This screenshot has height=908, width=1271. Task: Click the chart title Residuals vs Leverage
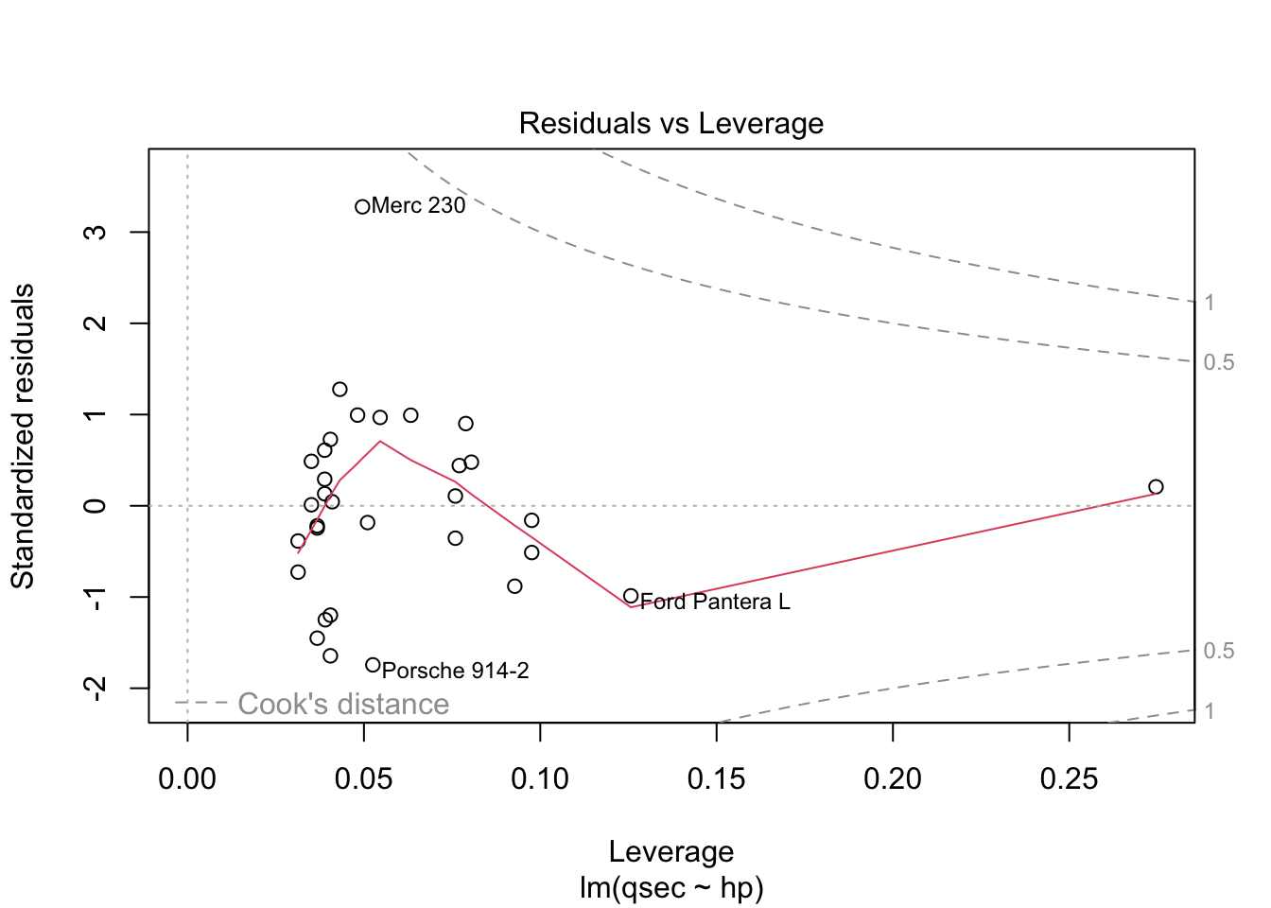(x=670, y=124)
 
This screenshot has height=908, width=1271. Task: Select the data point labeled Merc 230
(x=362, y=207)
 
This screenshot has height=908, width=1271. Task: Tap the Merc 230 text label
(x=419, y=206)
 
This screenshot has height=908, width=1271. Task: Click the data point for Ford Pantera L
(x=631, y=596)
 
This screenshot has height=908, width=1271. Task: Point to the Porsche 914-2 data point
(x=373, y=665)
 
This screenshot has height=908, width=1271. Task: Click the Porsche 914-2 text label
(x=456, y=671)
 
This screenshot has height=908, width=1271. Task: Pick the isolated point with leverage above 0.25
(x=1156, y=487)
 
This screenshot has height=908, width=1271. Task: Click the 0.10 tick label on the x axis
(x=540, y=779)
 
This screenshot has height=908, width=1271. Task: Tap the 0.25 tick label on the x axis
(x=1069, y=779)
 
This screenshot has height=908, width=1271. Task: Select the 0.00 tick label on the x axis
(x=187, y=779)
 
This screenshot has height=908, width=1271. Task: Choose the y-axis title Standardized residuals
(x=23, y=436)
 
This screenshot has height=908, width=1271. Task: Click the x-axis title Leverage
(x=670, y=851)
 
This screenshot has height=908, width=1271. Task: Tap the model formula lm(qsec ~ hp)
(x=670, y=888)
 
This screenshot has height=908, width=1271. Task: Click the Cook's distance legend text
(x=343, y=704)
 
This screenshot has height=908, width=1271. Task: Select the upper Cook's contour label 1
(x=1209, y=304)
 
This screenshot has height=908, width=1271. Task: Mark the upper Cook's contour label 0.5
(x=1219, y=363)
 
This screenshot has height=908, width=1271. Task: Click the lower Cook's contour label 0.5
(x=1219, y=651)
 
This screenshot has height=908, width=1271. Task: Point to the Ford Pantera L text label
(x=715, y=602)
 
